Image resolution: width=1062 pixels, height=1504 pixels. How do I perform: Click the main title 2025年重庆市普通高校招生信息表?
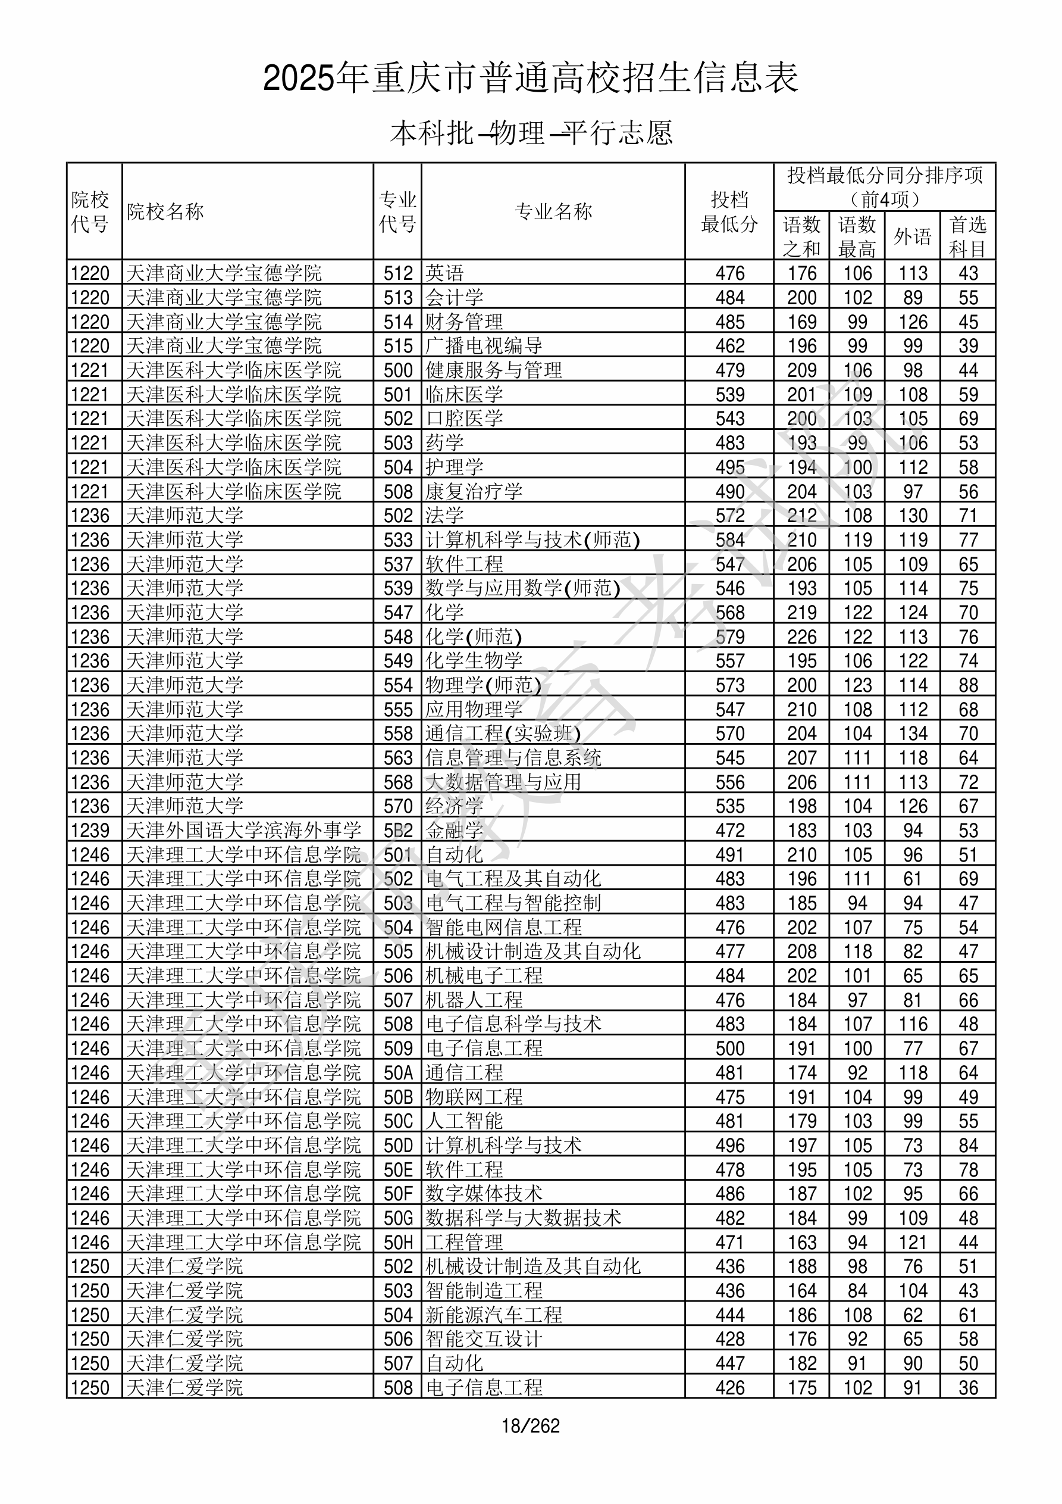click(530, 79)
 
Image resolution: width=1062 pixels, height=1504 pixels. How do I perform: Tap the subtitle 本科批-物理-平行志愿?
click(531, 133)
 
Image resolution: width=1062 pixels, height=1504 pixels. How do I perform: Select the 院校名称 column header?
click(165, 211)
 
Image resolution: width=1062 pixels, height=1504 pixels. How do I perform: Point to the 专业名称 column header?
click(553, 211)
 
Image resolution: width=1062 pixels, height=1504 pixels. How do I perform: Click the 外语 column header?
click(912, 236)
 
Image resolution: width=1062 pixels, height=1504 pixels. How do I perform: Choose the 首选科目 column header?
click(968, 236)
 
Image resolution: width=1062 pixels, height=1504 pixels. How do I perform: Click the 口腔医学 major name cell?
click(464, 418)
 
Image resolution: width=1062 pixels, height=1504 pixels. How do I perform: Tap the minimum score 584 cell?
click(729, 540)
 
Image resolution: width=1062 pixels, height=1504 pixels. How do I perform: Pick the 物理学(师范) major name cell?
click(484, 685)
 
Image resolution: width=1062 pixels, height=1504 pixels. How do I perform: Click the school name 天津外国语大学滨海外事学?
click(243, 831)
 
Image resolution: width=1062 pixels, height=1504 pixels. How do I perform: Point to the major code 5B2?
click(398, 831)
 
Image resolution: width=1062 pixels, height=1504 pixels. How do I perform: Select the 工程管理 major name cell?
click(464, 1242)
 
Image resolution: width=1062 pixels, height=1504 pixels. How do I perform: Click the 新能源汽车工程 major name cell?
click(494, 1315)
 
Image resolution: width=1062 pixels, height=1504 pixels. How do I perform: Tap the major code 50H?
click(398, 1242)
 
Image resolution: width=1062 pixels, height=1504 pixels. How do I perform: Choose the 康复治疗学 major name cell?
click(474, 491)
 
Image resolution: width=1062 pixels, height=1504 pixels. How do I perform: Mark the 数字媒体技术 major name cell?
click(484, 1194)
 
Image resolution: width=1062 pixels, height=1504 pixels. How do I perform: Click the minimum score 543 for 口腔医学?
click(729, 418)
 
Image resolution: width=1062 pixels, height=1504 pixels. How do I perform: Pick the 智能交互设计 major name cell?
click(484, 1339)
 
